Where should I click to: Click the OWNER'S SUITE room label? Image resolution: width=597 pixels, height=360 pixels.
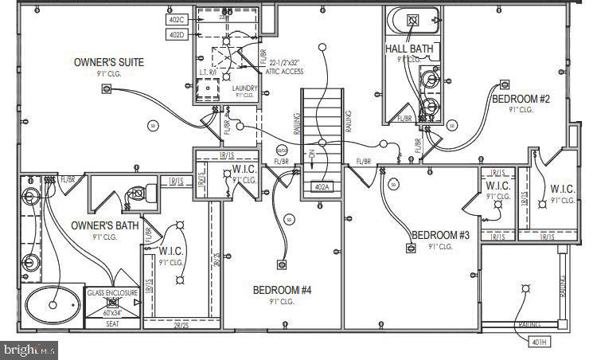coord(108,61)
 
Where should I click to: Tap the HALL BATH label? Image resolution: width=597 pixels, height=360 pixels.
coord(409,49)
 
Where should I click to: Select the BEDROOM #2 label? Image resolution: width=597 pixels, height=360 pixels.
coord(520,99)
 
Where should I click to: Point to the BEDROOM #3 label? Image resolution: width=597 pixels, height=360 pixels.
coord(440,235)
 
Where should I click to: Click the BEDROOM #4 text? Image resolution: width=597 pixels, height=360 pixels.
coord(283,290)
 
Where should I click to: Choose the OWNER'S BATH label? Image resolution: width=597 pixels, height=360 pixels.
coord(105,225)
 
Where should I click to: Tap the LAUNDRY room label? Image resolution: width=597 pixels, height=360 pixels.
coord(244,88)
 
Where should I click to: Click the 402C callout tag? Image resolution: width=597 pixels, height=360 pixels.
coord(176,18)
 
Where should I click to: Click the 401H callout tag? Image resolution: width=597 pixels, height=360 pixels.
coord(539,342)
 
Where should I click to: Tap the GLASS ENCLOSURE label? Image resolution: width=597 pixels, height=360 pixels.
coord(112,292)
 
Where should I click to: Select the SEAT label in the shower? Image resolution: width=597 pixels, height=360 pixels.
coord(112,323)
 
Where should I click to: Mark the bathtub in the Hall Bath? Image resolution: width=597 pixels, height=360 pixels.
coord(409,19)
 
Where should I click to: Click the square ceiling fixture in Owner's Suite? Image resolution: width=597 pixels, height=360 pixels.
coord(106,88)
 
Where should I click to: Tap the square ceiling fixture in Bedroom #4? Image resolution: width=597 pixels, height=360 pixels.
coord(279,265)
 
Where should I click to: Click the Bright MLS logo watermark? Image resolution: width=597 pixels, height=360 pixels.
coord(30,349)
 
